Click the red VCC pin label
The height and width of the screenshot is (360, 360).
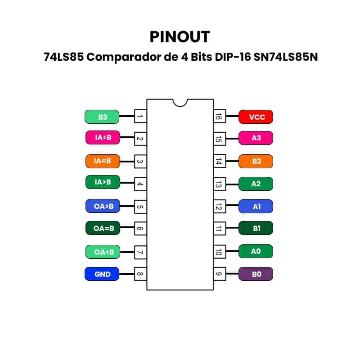[256, 117]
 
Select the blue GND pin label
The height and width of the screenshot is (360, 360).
[102, 274]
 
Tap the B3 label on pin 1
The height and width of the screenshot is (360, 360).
[102, 117]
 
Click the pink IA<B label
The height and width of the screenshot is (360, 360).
[103, 137]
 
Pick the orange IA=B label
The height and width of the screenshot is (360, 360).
[103, 161]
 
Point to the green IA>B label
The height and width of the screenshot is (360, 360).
[103, 182]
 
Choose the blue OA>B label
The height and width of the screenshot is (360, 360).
[103, 206]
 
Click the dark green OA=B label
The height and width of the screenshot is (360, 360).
[103, 228]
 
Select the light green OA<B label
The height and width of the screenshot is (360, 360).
[103, 252]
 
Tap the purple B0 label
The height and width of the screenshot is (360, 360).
[256, 274]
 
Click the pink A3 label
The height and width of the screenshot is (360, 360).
[256, 137]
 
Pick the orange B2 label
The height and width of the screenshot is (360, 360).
[256, 161]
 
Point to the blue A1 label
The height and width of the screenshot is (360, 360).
[256, 206]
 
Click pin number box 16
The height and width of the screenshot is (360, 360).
[219, 117]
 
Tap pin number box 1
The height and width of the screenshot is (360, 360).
[140, 117]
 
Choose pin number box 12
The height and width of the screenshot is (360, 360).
[219, 206]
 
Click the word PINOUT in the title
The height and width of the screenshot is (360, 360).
[180, 36]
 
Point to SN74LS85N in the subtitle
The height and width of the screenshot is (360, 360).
[283, 58]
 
